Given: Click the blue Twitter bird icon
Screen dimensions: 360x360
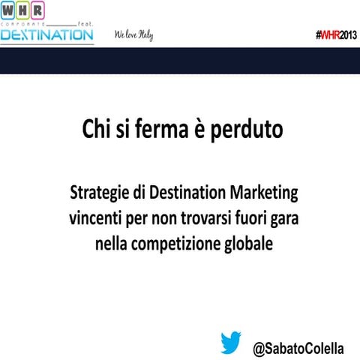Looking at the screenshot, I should pyautogui.click(x=231, y=343).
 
